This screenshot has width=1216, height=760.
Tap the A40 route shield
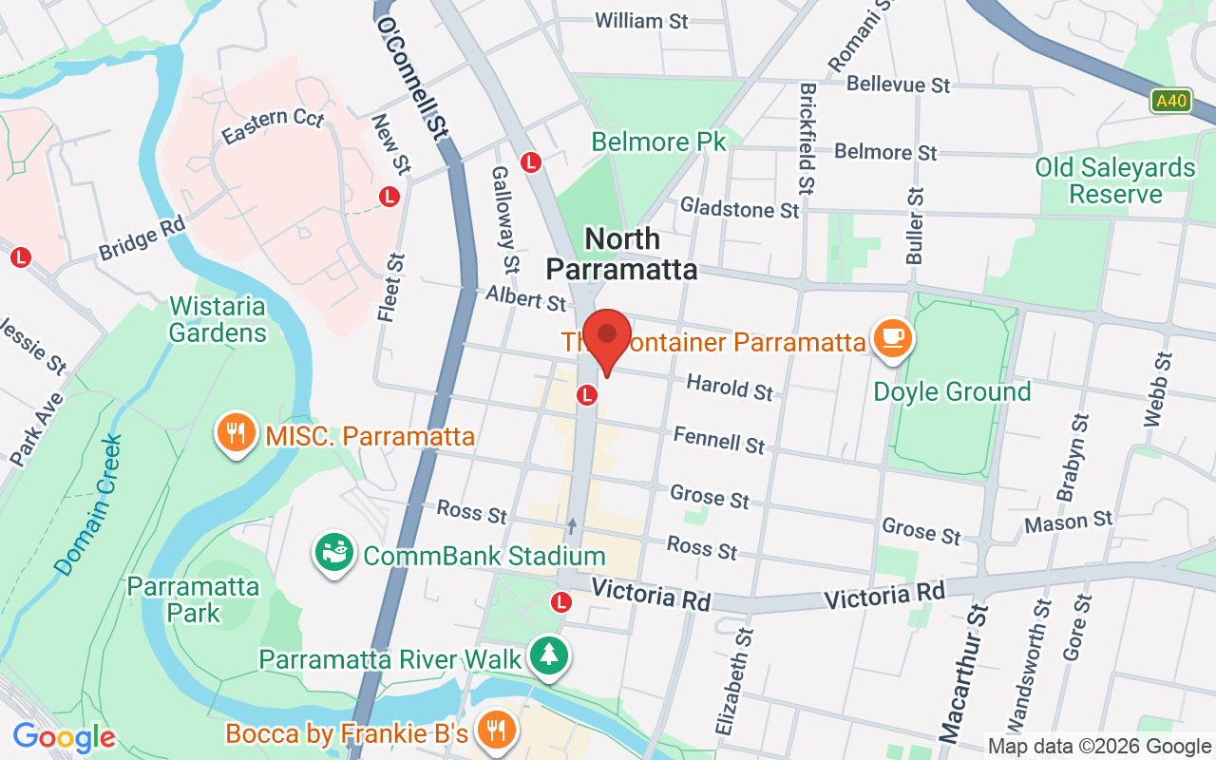(1170, 101)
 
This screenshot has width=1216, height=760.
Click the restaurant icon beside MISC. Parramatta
(237, 433)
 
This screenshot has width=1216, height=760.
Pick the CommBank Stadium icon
(333, 553)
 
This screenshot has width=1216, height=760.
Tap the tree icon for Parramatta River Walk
(548, 655)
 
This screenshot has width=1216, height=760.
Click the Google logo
(64, 737)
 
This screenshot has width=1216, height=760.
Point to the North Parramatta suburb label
(621, 254)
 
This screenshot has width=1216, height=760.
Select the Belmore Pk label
(658, 142)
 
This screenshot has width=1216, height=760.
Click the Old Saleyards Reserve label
(1115, 180)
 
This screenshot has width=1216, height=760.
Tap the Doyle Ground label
(952, 391)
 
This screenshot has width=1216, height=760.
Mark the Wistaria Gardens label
(218, 319)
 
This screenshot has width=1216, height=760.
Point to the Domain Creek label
(89, 504)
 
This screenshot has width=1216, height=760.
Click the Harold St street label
(730, 387)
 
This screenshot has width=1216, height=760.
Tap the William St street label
(641, 20)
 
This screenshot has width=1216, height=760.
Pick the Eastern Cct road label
(273, 126)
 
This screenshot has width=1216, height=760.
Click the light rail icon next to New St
(389, 197)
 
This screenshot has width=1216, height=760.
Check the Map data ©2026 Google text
(1099, 747)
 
